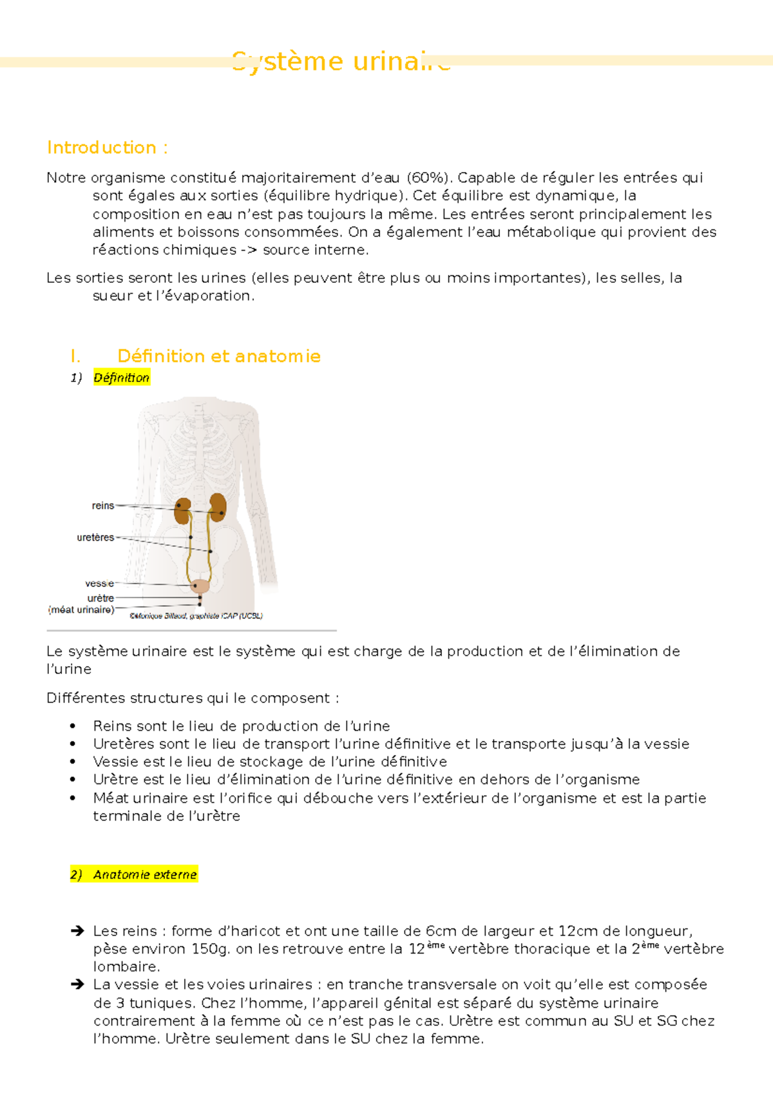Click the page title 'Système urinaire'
[341, 62]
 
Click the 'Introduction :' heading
[107, 148]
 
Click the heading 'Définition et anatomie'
[218, 356]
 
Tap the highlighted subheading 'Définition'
[121, 378]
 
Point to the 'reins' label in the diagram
[102, 506]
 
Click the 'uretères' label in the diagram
[95, 537]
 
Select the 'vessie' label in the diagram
[99, 583]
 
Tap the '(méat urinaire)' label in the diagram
[82, 609]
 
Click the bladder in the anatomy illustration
[200, 586]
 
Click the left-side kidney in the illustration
[183, 511]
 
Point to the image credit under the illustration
[196, 616]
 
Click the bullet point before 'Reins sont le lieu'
[73, 726]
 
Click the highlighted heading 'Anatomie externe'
[144, 874]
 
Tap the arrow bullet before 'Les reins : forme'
[77, 931]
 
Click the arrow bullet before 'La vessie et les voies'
[77, 984]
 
